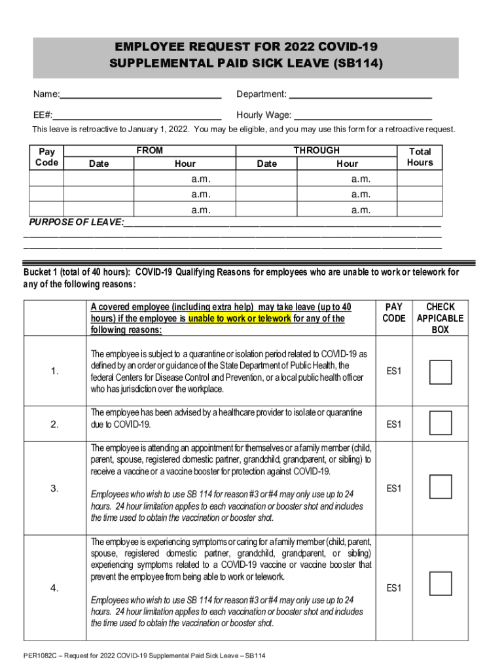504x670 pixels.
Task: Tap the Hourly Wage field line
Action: [x=363, y=115]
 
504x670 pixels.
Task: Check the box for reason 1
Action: [x=441, y=372]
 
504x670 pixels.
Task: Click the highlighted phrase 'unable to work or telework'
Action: [x=240, y=319]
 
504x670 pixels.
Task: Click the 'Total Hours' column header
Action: [x=420, y=157]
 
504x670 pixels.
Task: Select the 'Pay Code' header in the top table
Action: [x=46, y=157]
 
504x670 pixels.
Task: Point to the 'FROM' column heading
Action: [x=149, y=150]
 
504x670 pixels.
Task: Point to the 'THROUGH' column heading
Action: [x=316, y=150]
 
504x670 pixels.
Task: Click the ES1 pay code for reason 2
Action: [x=393, y=425]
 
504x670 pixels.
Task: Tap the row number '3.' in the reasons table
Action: [x=54, y=488]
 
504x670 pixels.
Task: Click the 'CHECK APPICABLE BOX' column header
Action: [x=440, y=318]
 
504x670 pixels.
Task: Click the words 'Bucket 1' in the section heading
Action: [x=42, y=272]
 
